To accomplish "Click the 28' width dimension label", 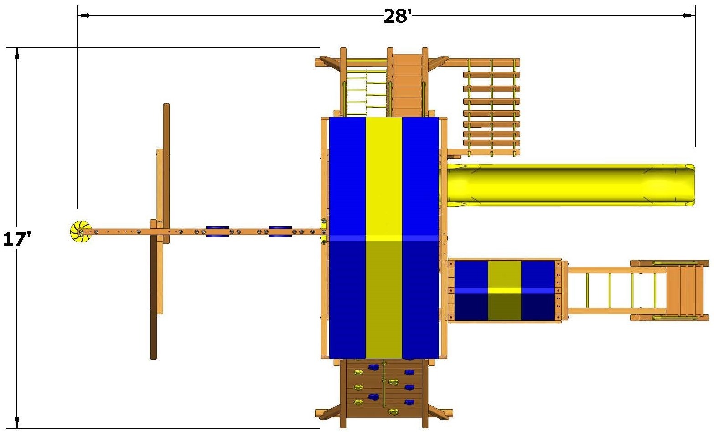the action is tap(398, 16).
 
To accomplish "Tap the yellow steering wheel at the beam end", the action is tap(80, 231).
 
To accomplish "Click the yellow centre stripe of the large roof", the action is tap(384, 238).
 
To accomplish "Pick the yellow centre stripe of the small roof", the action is tap(505, 291).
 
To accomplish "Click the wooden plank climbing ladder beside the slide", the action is tap(492, 108).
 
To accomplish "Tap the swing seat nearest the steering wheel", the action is tap(217, 231).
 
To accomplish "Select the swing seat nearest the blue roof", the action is tap(280, 231).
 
